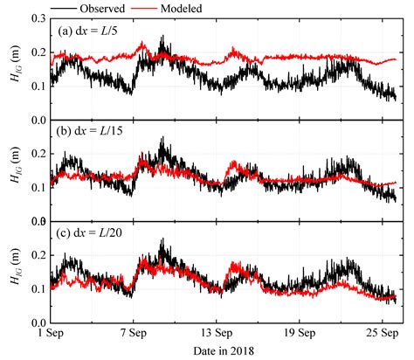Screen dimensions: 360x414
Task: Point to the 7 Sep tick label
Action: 133,334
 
